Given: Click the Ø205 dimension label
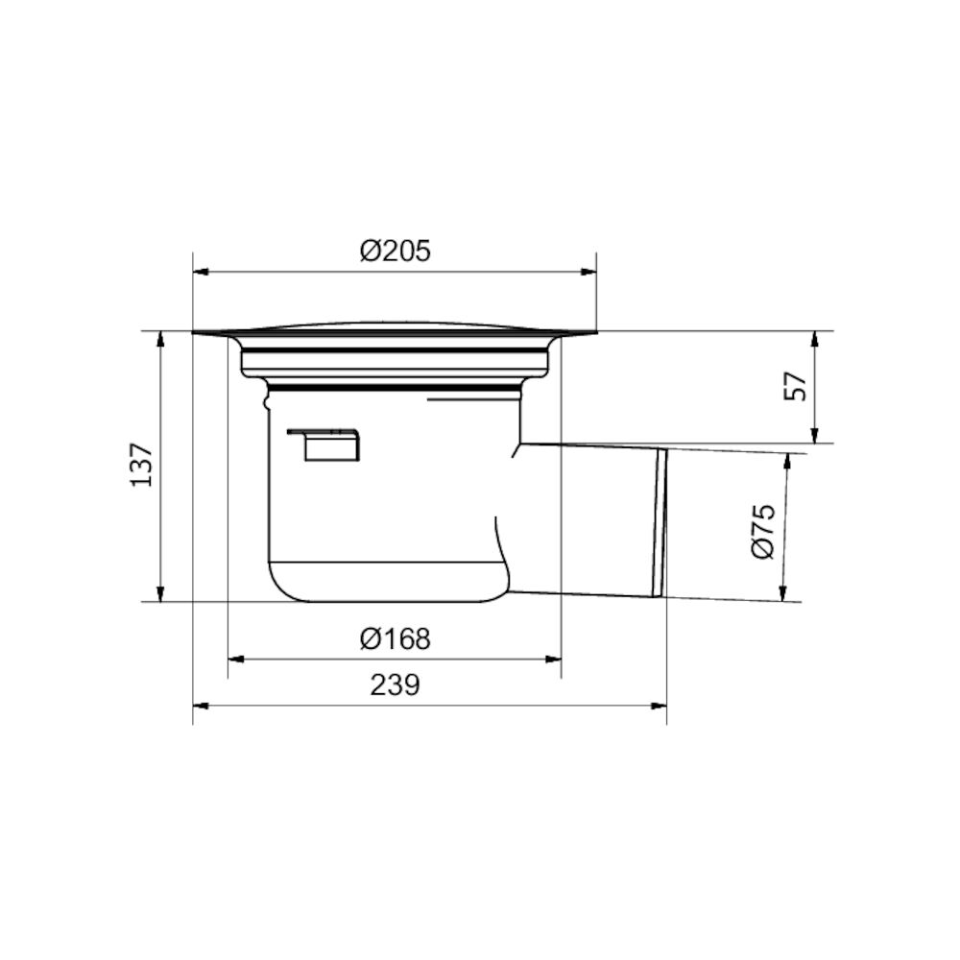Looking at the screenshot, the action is click(395, 251).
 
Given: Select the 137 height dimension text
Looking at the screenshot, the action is click(142, 466).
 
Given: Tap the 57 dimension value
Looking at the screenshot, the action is click(796, 386).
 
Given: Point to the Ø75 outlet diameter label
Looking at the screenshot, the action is click(763, 531).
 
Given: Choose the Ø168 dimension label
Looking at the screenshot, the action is click(395, 638).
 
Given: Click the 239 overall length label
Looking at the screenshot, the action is click(395, 685).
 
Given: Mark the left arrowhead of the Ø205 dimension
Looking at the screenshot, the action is click(202, 272).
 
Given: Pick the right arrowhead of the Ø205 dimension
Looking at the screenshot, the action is click(588, 272).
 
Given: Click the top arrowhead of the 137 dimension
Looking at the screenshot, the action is click(160, 340).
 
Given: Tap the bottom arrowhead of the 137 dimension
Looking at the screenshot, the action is click(160, 593).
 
